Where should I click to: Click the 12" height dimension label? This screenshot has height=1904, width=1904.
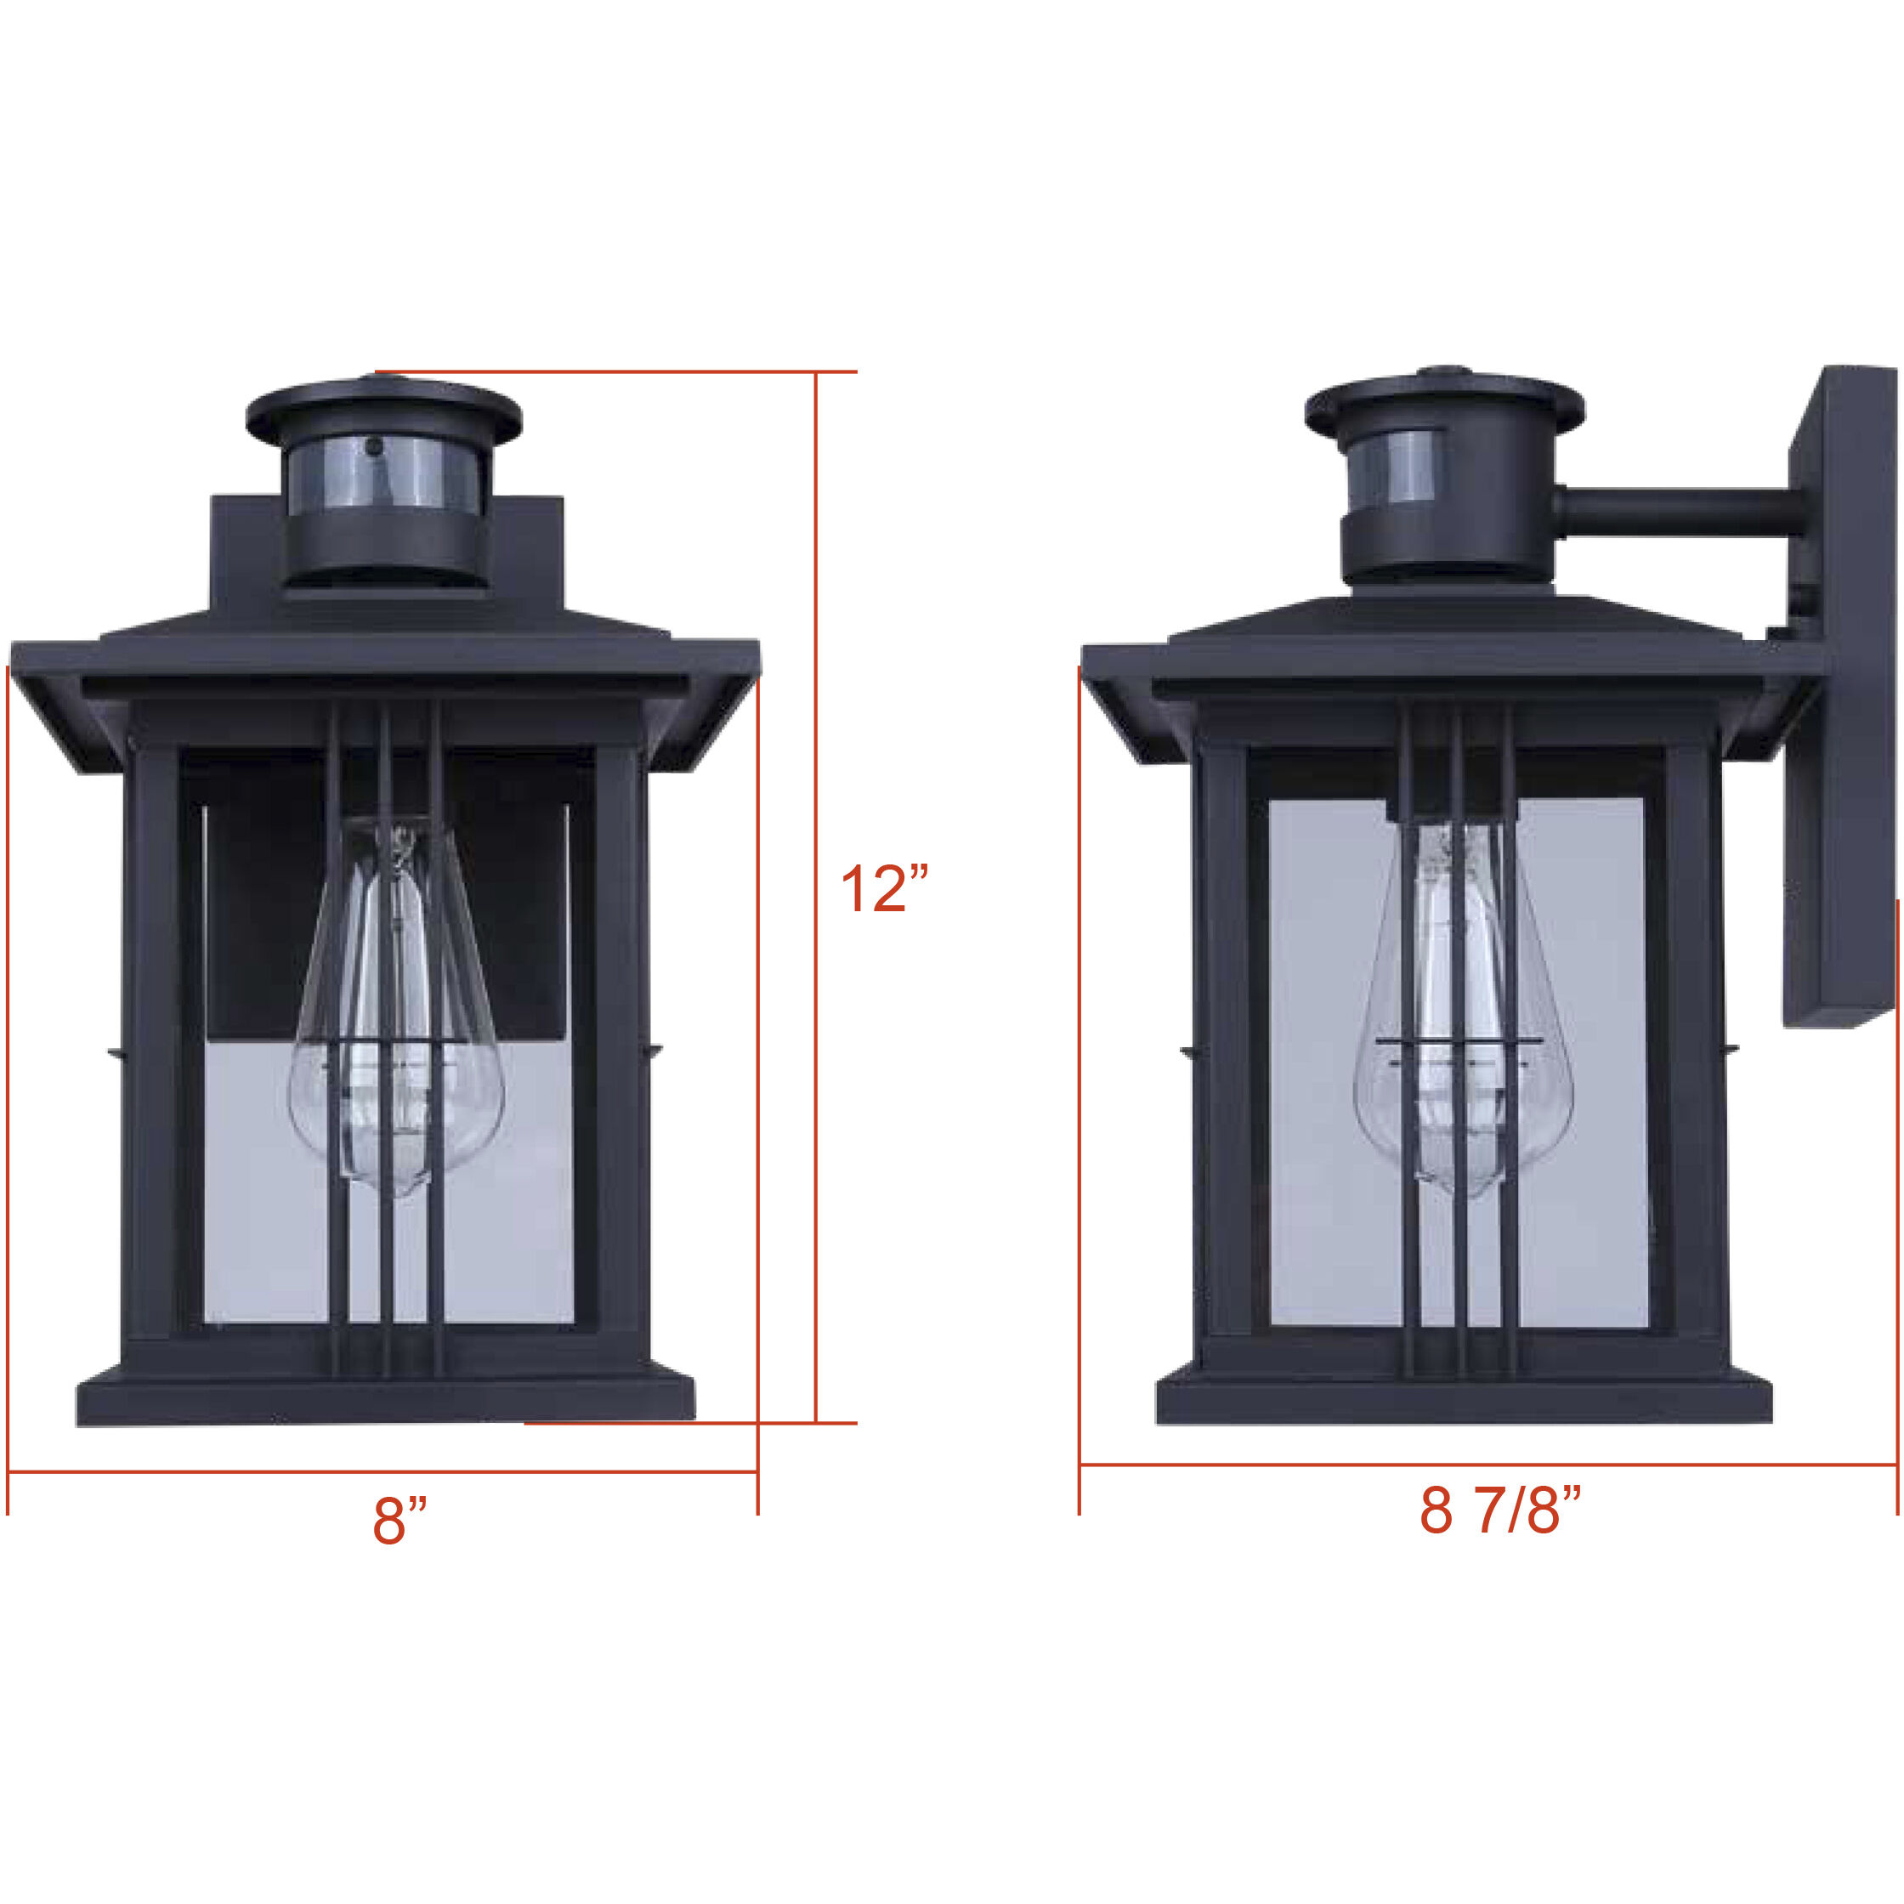884,889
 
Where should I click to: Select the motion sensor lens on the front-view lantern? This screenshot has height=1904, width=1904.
384,473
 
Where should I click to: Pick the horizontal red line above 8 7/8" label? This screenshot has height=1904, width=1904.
1488,1465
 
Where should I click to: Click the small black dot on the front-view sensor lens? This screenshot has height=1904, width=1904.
373,446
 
